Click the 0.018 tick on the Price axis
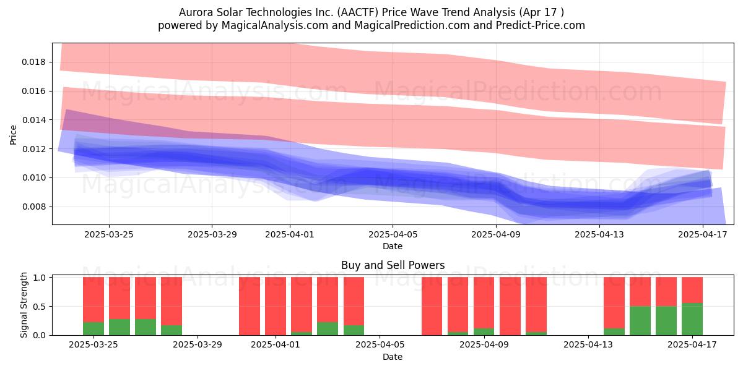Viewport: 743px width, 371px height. pyautogui.click(x=34, y=62)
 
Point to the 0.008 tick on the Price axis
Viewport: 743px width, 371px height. pyautogui.click(x=34, y=207)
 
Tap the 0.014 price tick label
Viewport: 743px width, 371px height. pyautogui.click(x=34, y=120)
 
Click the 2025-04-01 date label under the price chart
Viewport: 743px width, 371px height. pyautogui.click(x=290, y=234)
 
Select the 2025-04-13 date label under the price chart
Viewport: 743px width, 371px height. pyautogui.click(x=599, y=234)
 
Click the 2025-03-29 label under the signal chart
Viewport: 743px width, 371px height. pyautogui.click(x=198, y=345)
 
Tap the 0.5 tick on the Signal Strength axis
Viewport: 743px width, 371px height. pyautogui.click(x=40, y=307)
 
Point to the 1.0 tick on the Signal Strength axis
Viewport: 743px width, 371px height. pyautogui.click(x=40, y=278)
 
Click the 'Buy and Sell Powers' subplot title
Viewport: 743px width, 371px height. pyautogui.click(x=393, y=265)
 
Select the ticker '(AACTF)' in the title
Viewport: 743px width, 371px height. pyautogui.click(x=358, y=12)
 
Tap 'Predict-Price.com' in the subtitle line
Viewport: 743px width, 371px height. pyautogui.click(x=541, y=25)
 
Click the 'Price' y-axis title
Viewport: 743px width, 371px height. pyautogui.click(x=13, y=135)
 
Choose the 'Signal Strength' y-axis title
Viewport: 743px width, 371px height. pyautogui.click(x=24, y=305)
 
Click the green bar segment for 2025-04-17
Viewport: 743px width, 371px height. pyautogui.click(x=692, y=319)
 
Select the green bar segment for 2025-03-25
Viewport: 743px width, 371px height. pyautogui.click(x=93, y=328)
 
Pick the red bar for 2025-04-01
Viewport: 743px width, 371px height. pyautogui.click(x=276, y=306)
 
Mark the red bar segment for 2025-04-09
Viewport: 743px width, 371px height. pyautogui.click(x=484, y=303)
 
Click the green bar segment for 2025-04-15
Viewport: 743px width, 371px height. pyautogui.click(x=640, y=321)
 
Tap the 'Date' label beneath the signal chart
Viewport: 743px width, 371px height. pyautogui.click(x=393, y=357)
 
